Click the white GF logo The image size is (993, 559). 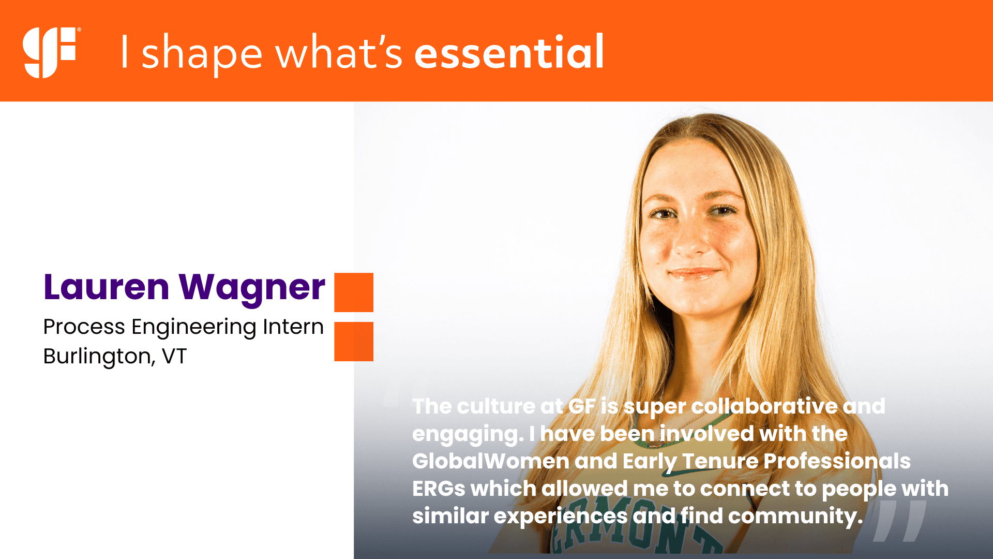coord(50,52)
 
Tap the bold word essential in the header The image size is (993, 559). coord(509,52)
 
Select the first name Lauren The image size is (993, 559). coord(107,287)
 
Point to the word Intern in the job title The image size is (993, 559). coord(293,327)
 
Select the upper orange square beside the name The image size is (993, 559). coord(354,292)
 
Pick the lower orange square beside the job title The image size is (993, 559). coord(354,342)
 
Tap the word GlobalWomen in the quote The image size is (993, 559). coord(490,461)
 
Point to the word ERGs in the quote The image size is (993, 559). coord(439,489)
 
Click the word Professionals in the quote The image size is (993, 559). coord(837,461)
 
